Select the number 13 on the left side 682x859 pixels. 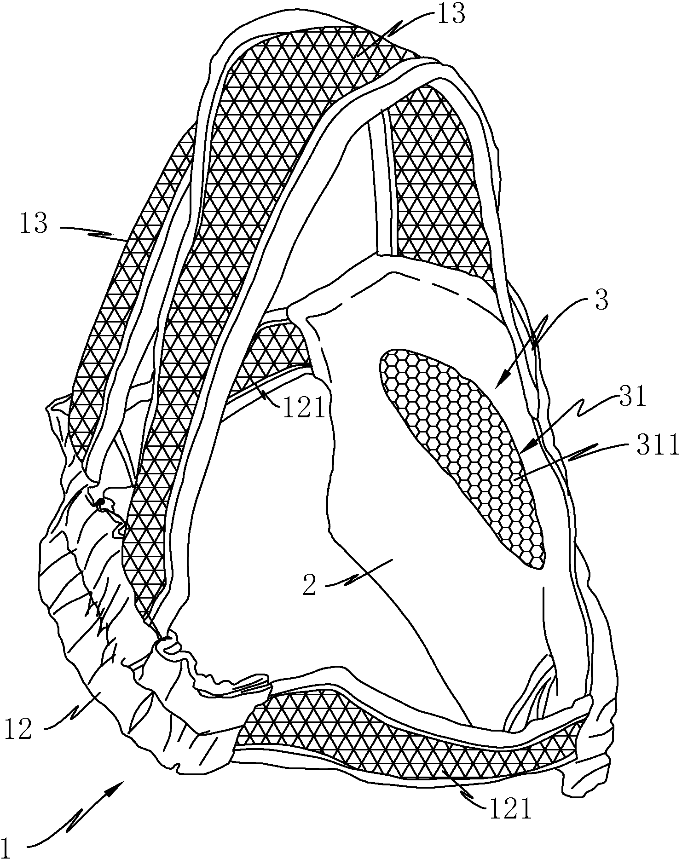(34, 225)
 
